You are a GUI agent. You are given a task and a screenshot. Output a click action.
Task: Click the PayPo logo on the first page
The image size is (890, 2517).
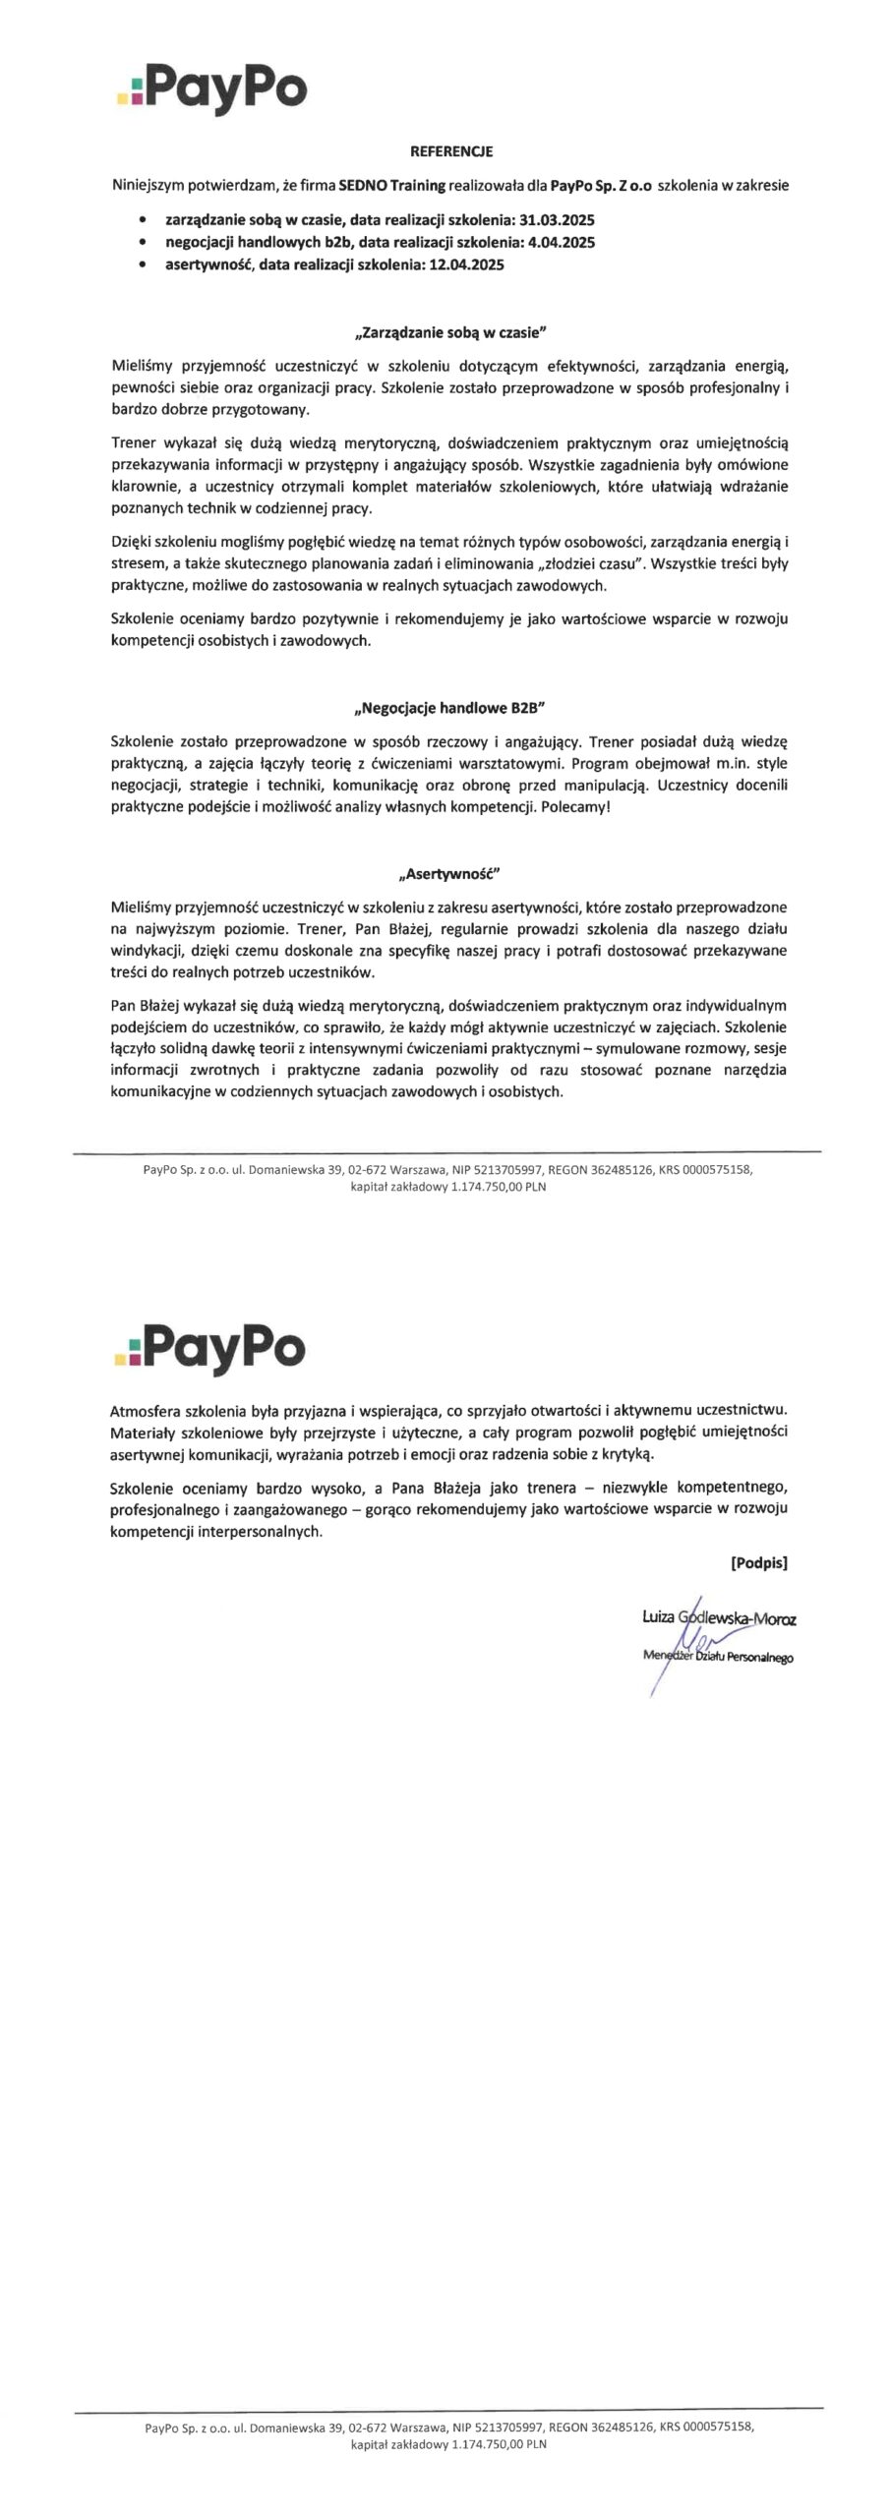211,89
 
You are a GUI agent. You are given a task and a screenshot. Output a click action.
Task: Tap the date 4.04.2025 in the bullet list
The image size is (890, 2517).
562,242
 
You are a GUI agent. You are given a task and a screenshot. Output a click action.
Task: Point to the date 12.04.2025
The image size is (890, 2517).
466,264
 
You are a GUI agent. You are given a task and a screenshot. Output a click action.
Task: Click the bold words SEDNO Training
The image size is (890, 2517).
391,185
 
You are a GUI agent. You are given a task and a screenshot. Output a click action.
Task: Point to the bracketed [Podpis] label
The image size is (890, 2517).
758,1562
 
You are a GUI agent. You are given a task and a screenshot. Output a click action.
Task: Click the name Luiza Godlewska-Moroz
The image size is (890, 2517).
719,1617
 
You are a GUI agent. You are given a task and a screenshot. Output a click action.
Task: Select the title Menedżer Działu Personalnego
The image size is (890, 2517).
718,1657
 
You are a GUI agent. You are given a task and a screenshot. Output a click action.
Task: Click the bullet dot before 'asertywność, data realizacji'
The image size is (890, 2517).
146,264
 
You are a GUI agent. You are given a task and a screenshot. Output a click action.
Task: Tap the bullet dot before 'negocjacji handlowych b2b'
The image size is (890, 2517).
146,242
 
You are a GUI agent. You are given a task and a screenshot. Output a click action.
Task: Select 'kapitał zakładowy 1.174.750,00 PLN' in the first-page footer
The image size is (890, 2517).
448,1187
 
